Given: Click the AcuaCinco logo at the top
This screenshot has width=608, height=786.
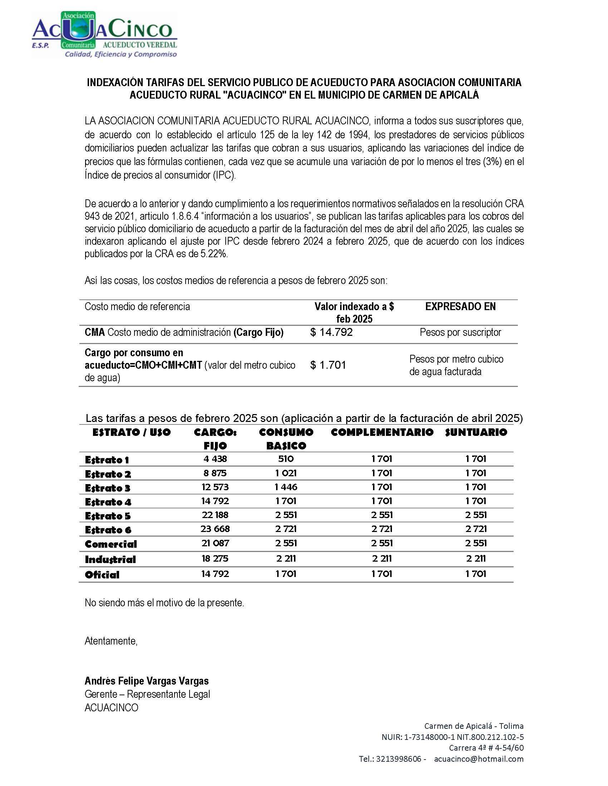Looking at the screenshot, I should pyautogui.click(x=104, y=35).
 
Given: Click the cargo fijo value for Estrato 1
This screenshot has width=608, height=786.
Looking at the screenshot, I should pyautogui.click(x=215, y=459).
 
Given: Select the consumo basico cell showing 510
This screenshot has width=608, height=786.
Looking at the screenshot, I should pyautogui.click(x=286, y=459).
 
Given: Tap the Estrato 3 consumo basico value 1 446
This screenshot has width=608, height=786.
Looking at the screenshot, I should pyautogui.click(x=286, y=487).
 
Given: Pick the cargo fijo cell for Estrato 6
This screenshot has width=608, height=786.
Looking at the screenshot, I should pyautogui.click(x=215, y=529).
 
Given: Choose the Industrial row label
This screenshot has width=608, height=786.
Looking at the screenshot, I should pyautogui.click(x=110, y=559).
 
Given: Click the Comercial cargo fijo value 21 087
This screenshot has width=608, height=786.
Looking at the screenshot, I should pyautogui.click(x=215, y=543).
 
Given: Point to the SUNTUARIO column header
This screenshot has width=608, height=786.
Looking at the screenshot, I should pyautogui.click(x=476, y=432).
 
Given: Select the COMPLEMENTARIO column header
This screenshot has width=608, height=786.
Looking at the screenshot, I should pyautogui.click(x=382, y=432).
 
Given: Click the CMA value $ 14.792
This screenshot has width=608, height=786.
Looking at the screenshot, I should pyautogui.click(x=332, y=332).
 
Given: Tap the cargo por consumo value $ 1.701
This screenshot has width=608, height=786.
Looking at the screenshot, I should pyautogui.click(x=328, y=365).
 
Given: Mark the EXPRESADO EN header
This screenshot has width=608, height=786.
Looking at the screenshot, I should pyautogui.click(x=460, y=307).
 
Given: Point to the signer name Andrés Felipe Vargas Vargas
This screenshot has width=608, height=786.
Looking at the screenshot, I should pyautogui.click(x=147, y=681).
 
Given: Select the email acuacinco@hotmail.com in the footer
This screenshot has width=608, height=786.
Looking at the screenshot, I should pyautogui.click(x=479, y=759).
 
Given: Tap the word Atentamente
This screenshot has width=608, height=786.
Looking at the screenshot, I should pyautogui.click(x=111, y=641).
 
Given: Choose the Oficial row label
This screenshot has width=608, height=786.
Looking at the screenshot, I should pyautogui.click(x=102, y=575).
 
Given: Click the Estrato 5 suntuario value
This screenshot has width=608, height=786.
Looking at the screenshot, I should pyautogui.click(x=476, y=515).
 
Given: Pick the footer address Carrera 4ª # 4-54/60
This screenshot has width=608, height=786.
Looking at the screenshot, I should pyautogui.click(x=486, y=748).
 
